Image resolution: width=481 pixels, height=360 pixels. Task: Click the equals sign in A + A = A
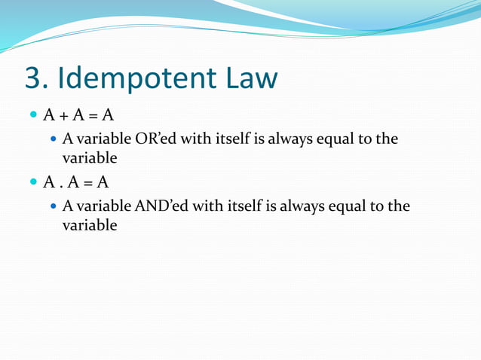point(93,115)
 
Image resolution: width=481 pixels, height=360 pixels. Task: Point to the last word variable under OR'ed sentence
point(89,158)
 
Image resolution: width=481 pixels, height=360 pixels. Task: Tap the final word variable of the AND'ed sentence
point(89,224)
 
